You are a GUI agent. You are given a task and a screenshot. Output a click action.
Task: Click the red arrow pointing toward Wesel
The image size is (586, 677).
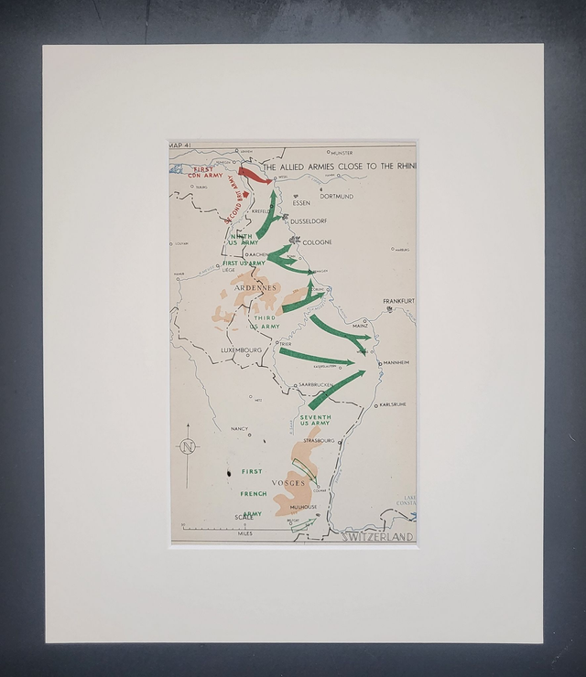(254, 174)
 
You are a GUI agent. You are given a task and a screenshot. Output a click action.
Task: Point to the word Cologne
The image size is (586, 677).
(318, 242)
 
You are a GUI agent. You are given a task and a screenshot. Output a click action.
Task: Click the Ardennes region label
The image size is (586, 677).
(255, 287)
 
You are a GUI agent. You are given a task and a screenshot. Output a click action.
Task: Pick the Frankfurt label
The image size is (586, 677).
(399, 301)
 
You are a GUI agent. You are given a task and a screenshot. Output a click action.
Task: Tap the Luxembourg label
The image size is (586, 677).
(242, 350)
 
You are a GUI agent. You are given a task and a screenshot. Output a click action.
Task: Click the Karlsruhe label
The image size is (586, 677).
(392, 403)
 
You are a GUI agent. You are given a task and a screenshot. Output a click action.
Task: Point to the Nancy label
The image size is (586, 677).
(240, 428)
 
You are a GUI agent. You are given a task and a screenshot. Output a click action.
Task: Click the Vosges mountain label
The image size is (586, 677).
(289, 482)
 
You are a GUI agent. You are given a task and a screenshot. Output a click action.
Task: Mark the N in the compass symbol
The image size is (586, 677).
(189, 446)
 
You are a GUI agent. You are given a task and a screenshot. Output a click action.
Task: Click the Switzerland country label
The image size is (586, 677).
(377, 537)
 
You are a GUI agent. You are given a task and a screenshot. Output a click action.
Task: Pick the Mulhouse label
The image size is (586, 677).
(304, 507)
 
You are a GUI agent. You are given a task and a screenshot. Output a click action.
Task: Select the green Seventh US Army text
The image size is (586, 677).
(315, 420)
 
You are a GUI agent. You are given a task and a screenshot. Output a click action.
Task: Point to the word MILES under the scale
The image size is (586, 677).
(245, 533)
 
